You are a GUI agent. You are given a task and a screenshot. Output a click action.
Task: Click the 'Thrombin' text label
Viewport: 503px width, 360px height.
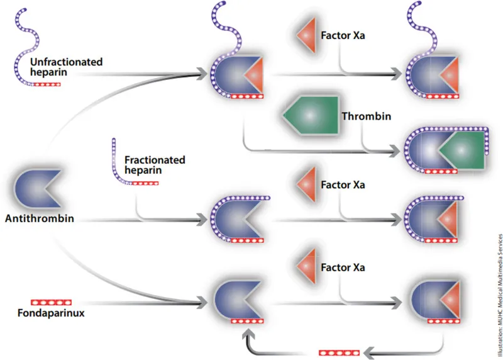click(x=367, y=116)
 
